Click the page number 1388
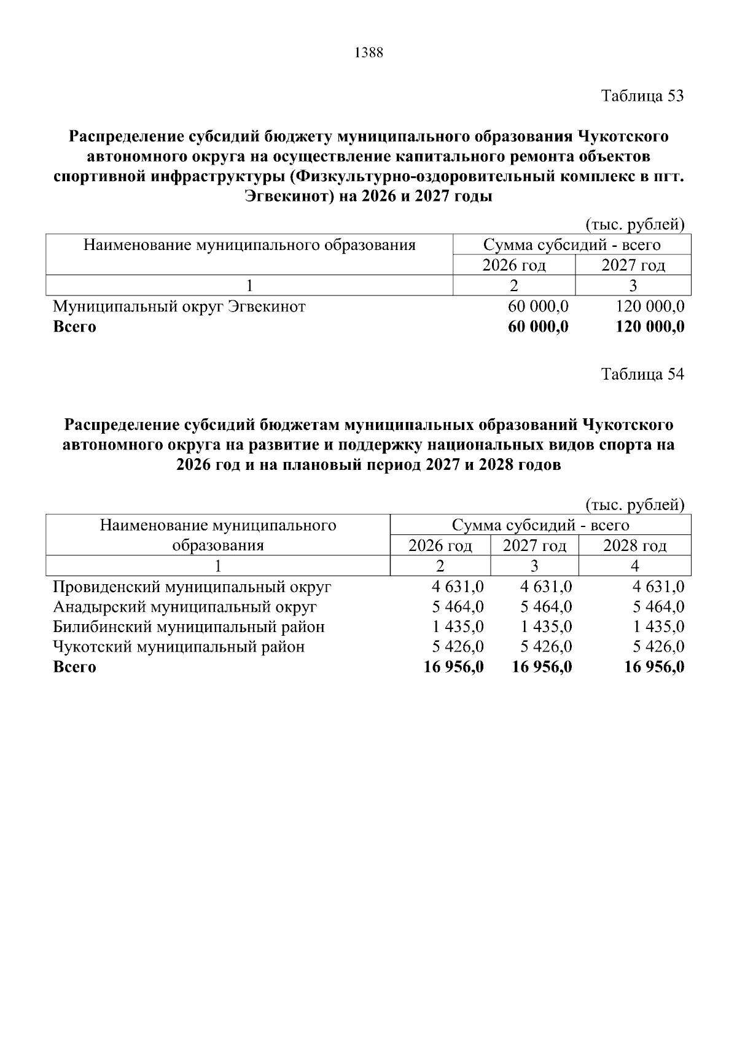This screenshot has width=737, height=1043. (368, 53)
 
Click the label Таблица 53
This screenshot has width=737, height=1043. (642, 96)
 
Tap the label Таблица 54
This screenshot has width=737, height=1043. (642, 374)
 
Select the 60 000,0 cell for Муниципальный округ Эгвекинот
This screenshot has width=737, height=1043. (538, 307)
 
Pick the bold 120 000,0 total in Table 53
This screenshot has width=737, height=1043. (650, 327)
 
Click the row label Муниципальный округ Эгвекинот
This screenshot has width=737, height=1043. (179, 307)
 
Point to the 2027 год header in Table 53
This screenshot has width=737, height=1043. (633, 266)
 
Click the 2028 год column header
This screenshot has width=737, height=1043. (634, 546)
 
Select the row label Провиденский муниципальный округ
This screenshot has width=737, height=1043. (192, 587)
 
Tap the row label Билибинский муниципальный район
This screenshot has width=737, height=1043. (189, 627)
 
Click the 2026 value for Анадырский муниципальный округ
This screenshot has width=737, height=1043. (458, 607)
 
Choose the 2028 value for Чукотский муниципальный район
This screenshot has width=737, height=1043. (658, 647)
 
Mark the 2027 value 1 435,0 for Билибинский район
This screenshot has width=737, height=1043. (546, 627)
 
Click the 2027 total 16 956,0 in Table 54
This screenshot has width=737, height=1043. (542, 667)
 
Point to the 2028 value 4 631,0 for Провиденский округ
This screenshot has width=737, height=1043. (658, 587)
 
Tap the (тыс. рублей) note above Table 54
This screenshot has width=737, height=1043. (635, 505)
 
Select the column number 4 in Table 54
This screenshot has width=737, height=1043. (634, 566)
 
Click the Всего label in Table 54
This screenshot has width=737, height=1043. (74, 667)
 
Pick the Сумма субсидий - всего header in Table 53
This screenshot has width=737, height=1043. (571, 246)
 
